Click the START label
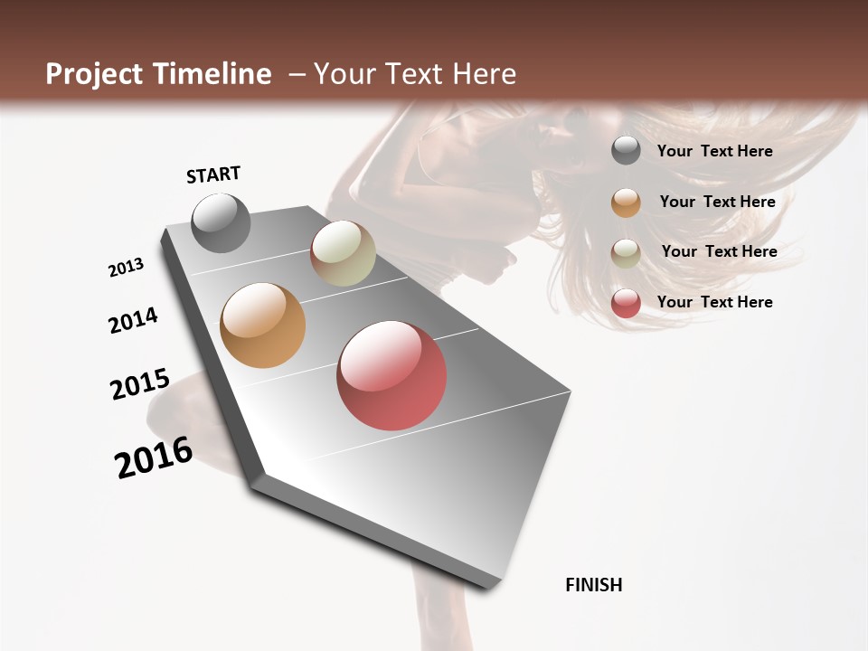point(213,175)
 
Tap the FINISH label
point(594,585)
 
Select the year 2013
point(126,268)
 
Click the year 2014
point(134,320)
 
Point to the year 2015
point(140,384)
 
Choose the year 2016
point(154,458)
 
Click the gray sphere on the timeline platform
point(221,223)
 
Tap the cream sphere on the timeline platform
point(343,253)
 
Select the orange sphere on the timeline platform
point(263,325)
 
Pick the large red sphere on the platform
point(392,375)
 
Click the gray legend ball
point(626,150)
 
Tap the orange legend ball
point(626,203)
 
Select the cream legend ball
point(626,253)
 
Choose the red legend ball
point(626,303)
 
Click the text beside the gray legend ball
point(715,151)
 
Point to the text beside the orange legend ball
point(717,202)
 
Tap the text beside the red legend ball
point(715,302)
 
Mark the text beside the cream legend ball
point(719,251)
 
